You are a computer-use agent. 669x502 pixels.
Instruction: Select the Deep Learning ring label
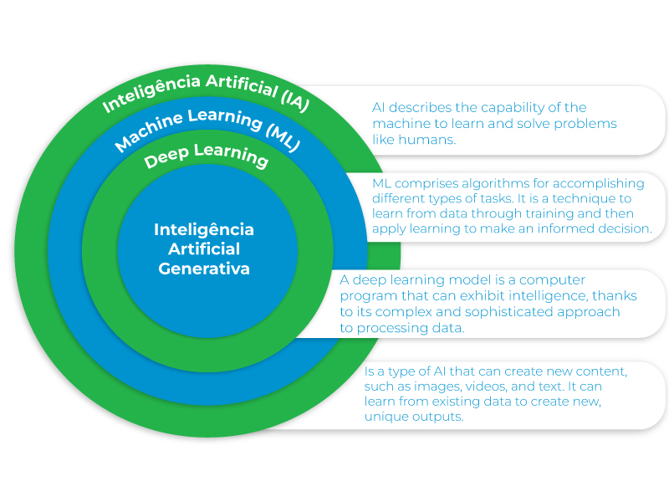207,155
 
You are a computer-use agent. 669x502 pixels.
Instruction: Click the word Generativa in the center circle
204,269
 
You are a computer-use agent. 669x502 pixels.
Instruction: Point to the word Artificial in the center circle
204,248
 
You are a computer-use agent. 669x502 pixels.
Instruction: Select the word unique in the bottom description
382,417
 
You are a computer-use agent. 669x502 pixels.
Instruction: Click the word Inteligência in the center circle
204,229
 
